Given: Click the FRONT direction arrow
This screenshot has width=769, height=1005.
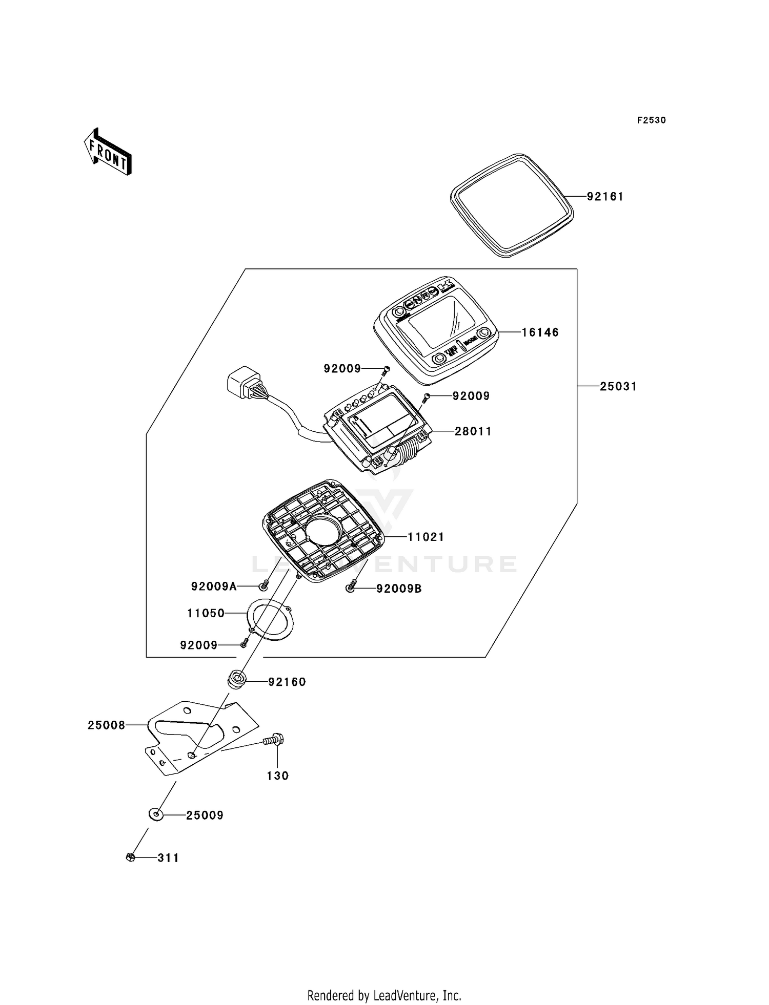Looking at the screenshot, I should tap(108, 152).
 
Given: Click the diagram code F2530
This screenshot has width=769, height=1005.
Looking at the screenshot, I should tap(651, 120).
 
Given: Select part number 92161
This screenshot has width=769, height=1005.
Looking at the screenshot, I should tap(605, 197).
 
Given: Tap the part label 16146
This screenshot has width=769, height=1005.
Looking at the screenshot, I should tap(540, 332).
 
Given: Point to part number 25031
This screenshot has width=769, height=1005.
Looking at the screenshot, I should tap(618, 387).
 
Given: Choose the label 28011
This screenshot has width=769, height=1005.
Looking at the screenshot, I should tap(473, 432).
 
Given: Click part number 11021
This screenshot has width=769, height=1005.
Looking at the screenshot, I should tap(426, 537).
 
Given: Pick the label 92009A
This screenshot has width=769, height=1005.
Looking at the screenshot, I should tap(214, 587).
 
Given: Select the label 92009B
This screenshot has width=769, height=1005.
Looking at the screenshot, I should tap(399, 589).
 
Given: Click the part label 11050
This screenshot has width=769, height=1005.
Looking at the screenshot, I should tap(206, 613).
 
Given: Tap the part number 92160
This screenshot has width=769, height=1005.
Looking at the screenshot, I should tap(287, 682).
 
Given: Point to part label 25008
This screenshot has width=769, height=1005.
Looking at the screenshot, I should tap(106, 725).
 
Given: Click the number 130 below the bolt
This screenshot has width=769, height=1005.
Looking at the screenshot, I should tap(277, 776).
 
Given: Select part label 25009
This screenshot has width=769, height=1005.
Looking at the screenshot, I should tap(205, 815).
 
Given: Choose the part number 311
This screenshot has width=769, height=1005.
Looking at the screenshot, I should tap(168, 858).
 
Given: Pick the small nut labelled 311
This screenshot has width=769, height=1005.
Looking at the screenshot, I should tap(130, 857).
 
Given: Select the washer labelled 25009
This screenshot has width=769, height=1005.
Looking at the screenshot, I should tap(156, 814).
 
